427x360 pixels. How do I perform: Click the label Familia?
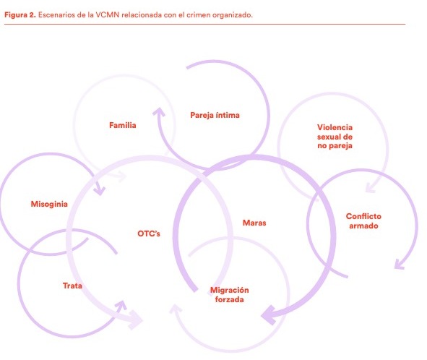tap(123, 125)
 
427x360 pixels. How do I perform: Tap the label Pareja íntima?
tap(215, 115)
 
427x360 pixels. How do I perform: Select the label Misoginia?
tap(49, 204)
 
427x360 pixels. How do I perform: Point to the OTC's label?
tap(149, 233)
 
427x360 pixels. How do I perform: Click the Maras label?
tap(254, 223)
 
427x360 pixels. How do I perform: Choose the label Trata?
tap(72, 286)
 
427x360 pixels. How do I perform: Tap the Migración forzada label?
tap(229, 295)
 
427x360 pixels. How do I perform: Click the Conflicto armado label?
tap(363, 221)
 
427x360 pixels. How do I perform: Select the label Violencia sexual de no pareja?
tap(335, 137)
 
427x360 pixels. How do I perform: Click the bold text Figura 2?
tap(20, 15)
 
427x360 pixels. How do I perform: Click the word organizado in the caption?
tap(233, 15)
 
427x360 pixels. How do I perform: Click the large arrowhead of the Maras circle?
tap(269, 316)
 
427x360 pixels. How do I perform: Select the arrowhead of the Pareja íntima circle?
tap(160, 112)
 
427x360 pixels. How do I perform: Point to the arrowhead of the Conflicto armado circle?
tap(400, 265)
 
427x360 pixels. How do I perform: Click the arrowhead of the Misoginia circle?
tap(100, 190)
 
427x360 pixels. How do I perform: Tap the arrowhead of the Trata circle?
tap(121, 305)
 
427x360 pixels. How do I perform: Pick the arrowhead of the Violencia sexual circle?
tap(371, 188)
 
